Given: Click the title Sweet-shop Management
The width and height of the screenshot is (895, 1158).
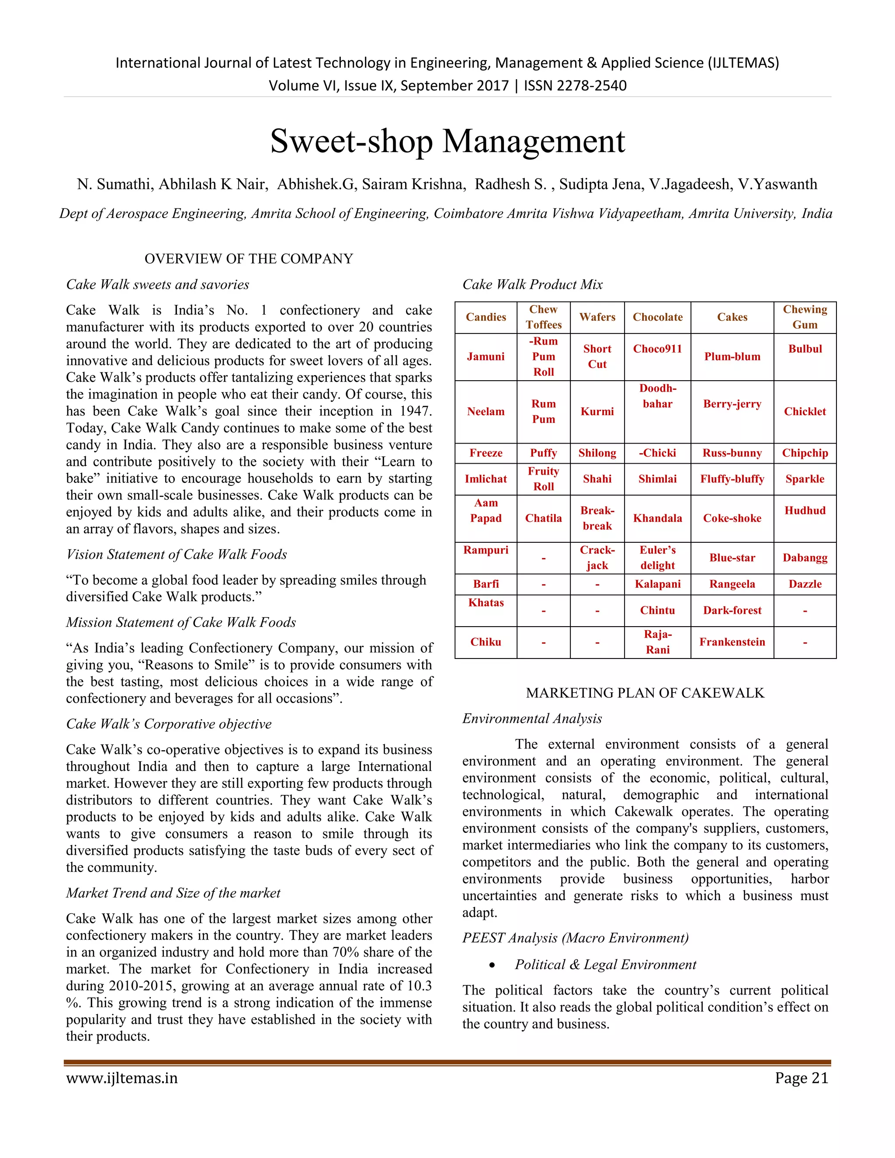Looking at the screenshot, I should (x=447, y=142).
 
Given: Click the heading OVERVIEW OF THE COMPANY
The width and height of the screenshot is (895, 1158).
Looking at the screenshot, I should (x=249, y=259).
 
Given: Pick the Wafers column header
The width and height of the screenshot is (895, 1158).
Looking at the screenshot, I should (x=597, y=317).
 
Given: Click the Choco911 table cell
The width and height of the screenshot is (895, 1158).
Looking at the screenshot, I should (x=657, y=349).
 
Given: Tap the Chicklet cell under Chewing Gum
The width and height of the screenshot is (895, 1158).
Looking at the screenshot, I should (x=805, y=412).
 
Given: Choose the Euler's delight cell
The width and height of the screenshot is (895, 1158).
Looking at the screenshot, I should (x=657, y=558).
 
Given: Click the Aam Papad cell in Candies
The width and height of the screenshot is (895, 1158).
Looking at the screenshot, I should (x=486, y=510).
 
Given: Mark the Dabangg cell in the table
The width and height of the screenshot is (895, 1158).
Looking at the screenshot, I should (x=805, y=558).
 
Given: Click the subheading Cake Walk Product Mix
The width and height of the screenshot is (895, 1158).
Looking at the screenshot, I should (x=532, y=285).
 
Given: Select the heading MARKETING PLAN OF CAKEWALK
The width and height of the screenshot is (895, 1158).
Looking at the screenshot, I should (x=645, y=693).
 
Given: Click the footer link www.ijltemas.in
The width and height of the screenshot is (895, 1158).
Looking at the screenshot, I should (x=122, y=1078).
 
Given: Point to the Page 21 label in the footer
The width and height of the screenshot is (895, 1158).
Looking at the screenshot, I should (x=801, y=1078).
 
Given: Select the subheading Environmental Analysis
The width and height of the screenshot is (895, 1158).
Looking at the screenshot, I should (x=532, y=718).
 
